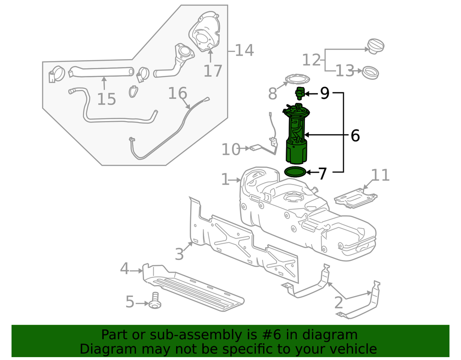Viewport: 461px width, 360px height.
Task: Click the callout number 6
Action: [355, 136]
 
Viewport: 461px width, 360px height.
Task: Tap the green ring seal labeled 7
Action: [295, 172]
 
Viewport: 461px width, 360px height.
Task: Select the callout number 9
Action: [325, 94]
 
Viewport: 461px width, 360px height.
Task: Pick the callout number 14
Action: [244, 50]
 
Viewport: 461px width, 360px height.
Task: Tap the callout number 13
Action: [344, 72]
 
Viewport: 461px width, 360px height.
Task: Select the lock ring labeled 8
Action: [296, 79]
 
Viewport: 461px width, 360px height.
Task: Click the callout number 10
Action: [230, 149]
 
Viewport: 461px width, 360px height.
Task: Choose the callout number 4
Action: [124, 269]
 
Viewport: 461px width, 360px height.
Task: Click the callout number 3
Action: [179, 253]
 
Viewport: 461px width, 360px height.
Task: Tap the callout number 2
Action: [339, 303]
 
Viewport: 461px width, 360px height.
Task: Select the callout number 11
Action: [380, 175]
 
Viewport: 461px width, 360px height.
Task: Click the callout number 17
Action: [213, 71]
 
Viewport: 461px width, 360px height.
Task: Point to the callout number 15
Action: [107, 99]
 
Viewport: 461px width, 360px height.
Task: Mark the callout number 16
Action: [177, 93]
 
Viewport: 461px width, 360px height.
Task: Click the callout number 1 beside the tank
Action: [226, 180]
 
